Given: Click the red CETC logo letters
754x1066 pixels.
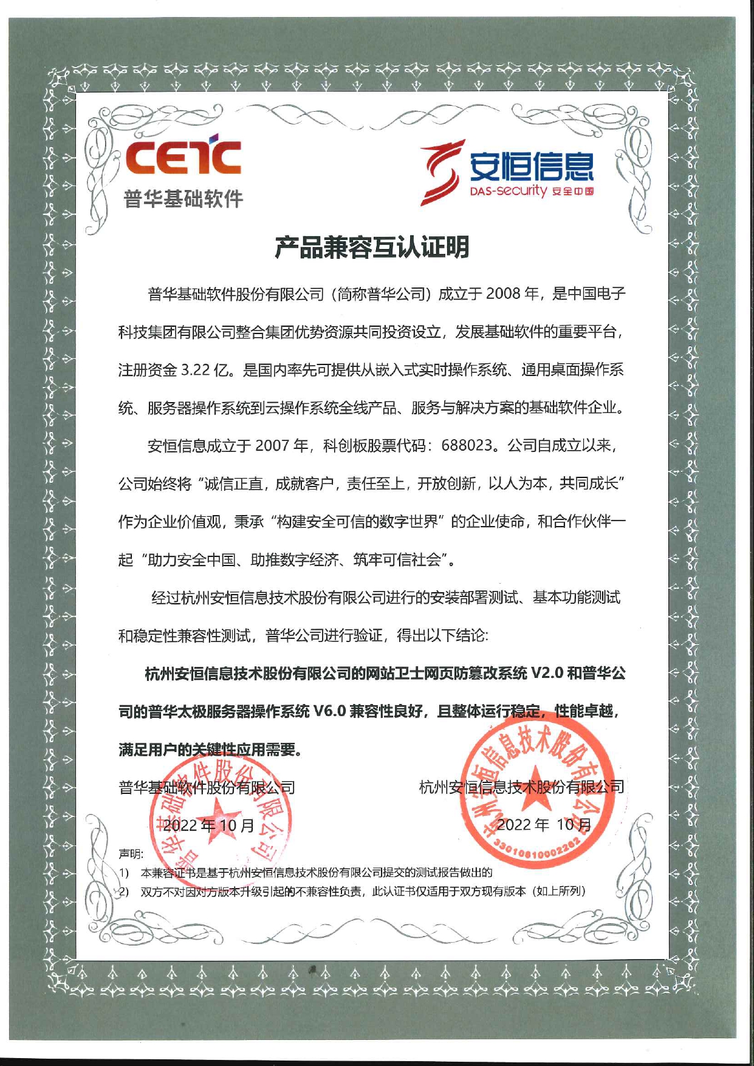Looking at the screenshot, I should click(x=183, y=157).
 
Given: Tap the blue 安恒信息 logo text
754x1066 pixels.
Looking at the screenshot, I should click(x=532, y=166).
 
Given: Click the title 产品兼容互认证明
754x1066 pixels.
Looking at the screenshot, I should click(x=371, y=247).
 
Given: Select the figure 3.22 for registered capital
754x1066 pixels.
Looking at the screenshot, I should click(x=195, y=370).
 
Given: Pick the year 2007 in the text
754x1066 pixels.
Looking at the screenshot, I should click(x=272, y=446).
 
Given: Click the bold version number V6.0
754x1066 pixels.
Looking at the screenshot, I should click(x=329, y=711).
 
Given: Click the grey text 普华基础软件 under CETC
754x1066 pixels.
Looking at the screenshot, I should click(x=183, y=199).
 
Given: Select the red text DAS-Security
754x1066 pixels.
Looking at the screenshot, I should click(x=509, y=192).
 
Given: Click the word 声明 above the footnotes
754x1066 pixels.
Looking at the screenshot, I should click(x=131, y=854).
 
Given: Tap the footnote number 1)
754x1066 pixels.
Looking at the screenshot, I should click(x=124, y=873).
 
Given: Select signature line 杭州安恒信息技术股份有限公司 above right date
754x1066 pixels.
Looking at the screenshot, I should click(x=521, y=787).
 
